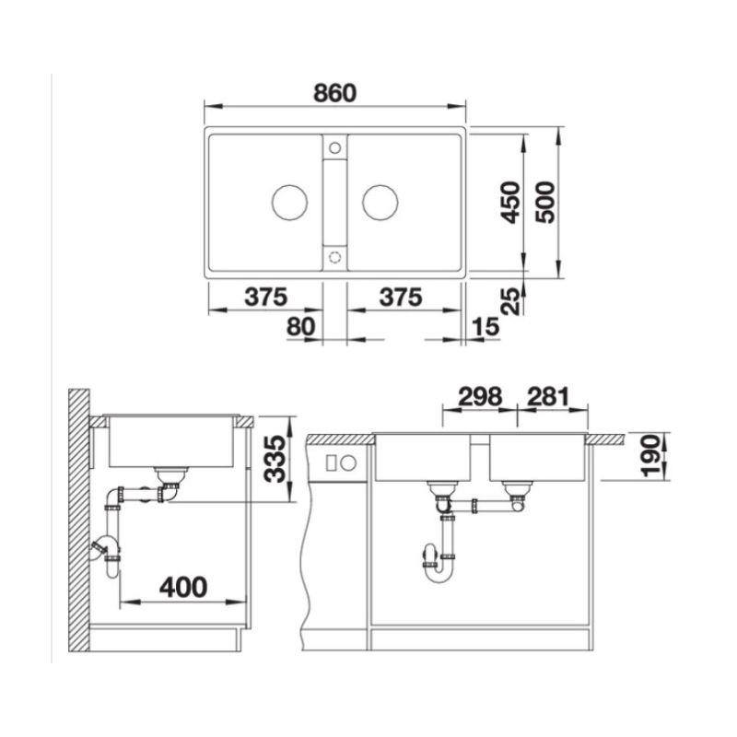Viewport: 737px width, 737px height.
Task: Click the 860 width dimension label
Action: coord(334,93)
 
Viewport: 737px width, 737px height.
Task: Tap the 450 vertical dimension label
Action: coord(510,202)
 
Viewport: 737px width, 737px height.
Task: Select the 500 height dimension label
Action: coord(545,202)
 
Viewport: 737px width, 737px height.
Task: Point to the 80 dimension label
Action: coord(301,326)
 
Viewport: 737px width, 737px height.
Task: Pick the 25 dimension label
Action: coord(511,301)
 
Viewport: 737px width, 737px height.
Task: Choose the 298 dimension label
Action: coord(480,397)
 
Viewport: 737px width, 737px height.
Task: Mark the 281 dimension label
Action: coord(548,397)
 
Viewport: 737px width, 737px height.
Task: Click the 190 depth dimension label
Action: coord(650,456)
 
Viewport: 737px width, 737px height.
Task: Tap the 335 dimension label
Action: coord(275,459)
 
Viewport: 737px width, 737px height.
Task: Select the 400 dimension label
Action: coord(183,587)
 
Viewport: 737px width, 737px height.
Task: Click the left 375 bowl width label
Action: coord(265,297)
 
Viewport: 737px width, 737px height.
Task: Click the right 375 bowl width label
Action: coord(401,297)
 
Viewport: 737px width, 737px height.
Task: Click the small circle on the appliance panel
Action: coord(348,464)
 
